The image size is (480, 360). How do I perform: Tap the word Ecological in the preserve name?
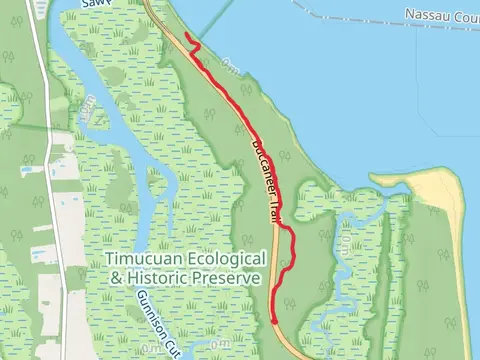click(x=223, y=259)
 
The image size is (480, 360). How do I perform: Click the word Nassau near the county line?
click(x=426, y=15)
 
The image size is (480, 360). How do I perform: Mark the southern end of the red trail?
click(x=274, y=321)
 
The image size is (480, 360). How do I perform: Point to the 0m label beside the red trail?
click(x=231, y=67)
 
